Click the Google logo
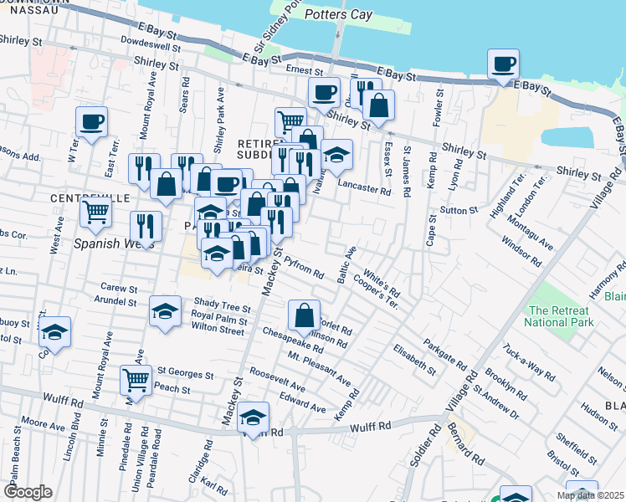pos(28,492)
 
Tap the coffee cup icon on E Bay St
pos(503,64)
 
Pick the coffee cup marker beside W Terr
pos(92,122)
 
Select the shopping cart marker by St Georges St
pos(136,380)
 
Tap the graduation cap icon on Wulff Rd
pos(252,417)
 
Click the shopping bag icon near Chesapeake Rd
pos(304,315)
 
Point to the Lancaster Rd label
pos(364,191)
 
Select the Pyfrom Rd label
pos(303,268)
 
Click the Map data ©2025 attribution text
pos(590,495)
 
